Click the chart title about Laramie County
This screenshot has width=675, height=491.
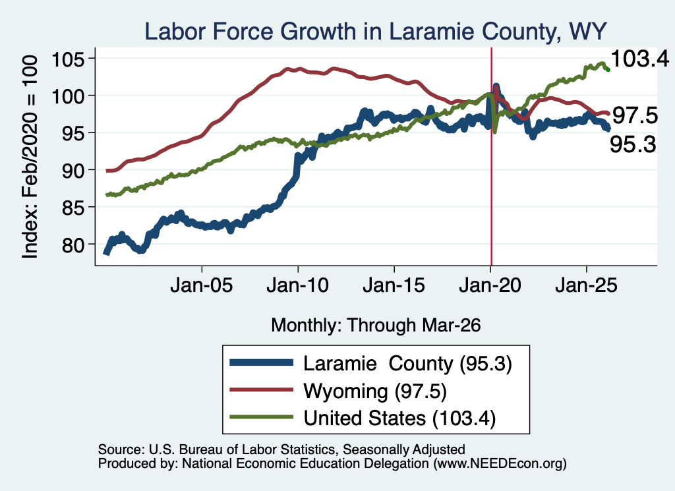(375, 32)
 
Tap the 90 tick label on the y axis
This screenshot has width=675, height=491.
(73, 171)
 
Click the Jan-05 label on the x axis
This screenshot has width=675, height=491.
(202, 285)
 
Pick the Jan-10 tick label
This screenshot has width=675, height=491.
(298, 285)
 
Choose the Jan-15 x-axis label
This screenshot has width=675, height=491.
(394, 285)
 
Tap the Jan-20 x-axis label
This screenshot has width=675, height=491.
(490, 285)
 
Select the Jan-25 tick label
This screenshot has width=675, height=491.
(586, 285)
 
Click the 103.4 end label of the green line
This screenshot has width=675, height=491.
(639, 59)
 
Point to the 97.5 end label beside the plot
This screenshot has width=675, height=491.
(635, 115)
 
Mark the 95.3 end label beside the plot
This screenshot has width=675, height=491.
(633, 144)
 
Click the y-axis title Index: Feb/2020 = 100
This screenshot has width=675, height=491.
(30, 157)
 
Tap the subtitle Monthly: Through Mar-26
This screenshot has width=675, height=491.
(376, 326)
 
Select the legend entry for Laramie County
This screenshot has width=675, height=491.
(370, 364)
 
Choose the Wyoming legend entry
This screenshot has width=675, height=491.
(338, 391)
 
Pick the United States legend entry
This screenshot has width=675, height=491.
(363, 418)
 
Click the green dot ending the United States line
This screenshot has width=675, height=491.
(608, 69)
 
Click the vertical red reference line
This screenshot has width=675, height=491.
(491, 156)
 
